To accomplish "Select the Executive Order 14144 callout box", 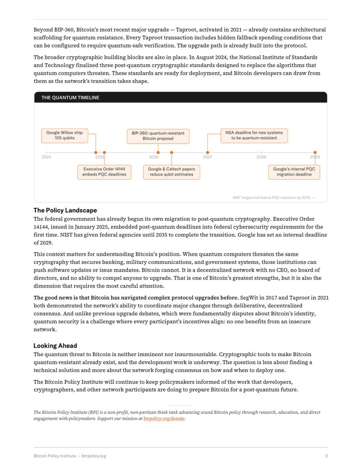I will point(104,172).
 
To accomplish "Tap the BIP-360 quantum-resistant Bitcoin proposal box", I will point(158,135).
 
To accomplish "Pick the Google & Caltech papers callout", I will point(172,172).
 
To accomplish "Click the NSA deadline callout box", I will point(254,135).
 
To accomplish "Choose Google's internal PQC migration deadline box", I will point(294,172).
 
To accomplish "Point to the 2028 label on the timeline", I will point(261,157).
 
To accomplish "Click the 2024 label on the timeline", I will point(47,157).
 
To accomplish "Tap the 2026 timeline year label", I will point(154,157).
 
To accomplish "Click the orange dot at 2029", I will point(315,153).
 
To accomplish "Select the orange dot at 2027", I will point(207,153).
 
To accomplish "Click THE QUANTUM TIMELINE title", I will point(70,98).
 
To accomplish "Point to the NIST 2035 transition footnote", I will point(272,198).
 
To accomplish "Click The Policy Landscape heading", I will point(65,211).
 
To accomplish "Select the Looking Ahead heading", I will point(55,346).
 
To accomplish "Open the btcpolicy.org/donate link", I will point(164,419).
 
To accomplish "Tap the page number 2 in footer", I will point(326,456).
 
